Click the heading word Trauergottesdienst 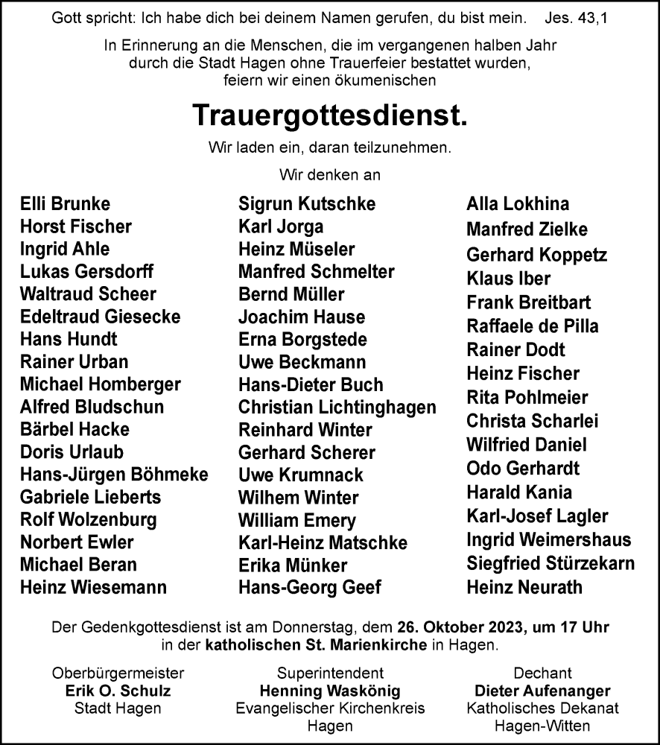click(x=330, y=115)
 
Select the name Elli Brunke click(x=66, y=204)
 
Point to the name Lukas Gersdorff click(x=86, y=271)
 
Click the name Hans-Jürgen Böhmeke click(x=114, y=475)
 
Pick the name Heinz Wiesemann click(x=93, y=587)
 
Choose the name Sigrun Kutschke click(x=307, y=204)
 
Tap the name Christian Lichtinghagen click(x=337, y=408)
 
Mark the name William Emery click(x=297, y=520)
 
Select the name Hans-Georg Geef click(x=309, y=587)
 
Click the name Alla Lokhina click(x=518, y=204)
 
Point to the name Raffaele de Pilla click(x=532, y=326)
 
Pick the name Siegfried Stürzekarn click(x=550, y=563)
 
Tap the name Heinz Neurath click(x=524, y=587)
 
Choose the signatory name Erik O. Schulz click(x=118, y=691)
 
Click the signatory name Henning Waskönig click(x=330, y=691)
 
